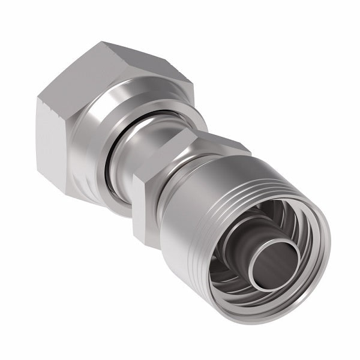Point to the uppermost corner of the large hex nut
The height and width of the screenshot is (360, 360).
(102, 43)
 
